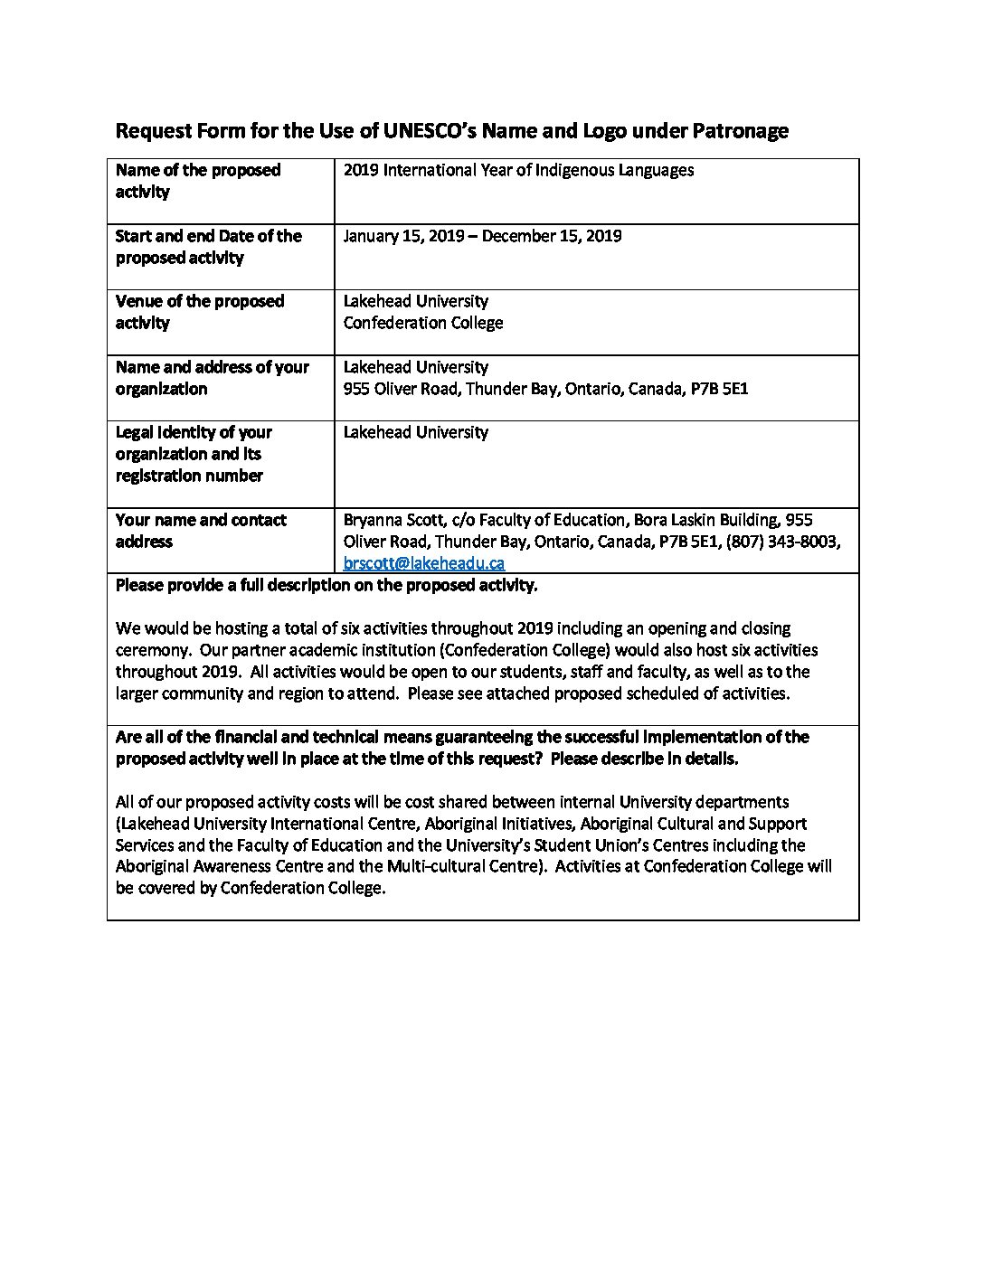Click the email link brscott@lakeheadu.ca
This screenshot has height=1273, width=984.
coord(423,563)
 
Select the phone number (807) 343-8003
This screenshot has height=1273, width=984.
coord(782,542)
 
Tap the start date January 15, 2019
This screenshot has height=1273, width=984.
coord(403,236)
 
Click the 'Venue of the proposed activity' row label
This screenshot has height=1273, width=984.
coord(200,312)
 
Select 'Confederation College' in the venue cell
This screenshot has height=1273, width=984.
coord(423,323)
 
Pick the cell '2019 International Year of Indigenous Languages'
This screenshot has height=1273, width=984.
coord(518,170)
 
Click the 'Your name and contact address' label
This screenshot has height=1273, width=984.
coord(201,531)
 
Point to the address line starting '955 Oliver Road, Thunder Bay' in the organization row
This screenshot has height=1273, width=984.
coord(545,389)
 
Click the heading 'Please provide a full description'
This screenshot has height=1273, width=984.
coord(326,585)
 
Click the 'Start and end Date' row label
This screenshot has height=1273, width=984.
coord(208,247)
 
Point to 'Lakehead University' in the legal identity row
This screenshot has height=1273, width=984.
coord(415,432)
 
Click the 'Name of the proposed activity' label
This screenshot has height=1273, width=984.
coord(198,181)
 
